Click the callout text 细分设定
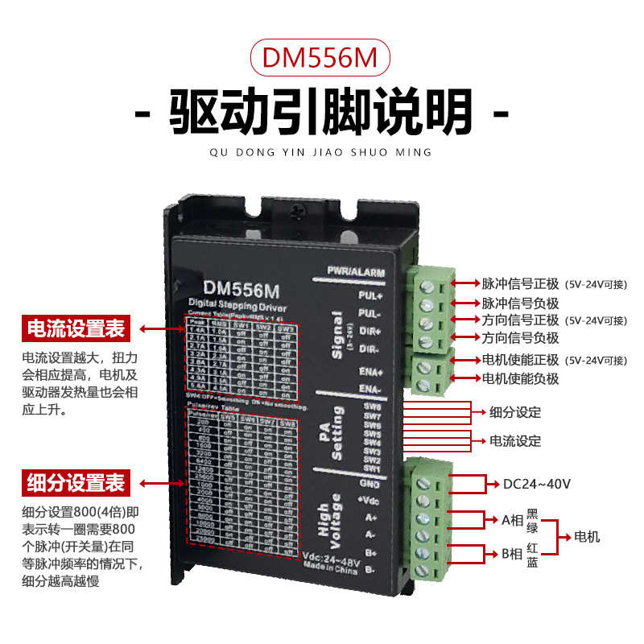tap(515, 413)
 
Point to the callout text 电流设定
tap(515, 441)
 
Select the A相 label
tap(513, 520)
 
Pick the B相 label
tap(513, 554)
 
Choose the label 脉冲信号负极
tap(519, 303)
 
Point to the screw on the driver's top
tap(299, 208)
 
